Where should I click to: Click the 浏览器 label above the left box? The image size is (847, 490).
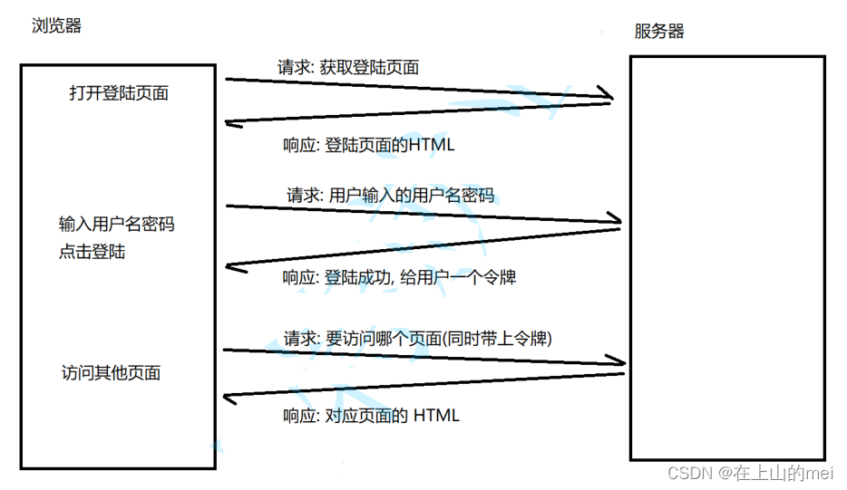tap(56, 26)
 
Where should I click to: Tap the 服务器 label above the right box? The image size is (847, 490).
tap(659, 31)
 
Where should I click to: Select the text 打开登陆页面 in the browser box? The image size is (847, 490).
tap(119, 92)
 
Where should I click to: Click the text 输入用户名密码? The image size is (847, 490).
tap(116, 224)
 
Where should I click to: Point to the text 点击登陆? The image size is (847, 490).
tap(92, 252)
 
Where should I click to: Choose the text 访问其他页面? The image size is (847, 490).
tap(111, 372)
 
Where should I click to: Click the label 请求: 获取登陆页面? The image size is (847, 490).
tap(347, 67)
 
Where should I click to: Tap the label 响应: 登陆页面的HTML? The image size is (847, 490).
tap(368, 145)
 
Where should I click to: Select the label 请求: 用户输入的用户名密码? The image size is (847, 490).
tap(390, 195)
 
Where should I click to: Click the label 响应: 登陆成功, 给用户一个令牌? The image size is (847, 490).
tap(399, 277)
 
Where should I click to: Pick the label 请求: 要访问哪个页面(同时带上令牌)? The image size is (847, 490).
tap(418, 339)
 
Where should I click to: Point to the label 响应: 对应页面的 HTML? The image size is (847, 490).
tap(371, 416)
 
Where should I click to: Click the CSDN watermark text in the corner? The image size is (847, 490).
tap(750, 473)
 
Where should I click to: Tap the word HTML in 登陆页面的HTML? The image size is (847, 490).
tap(431, 145)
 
